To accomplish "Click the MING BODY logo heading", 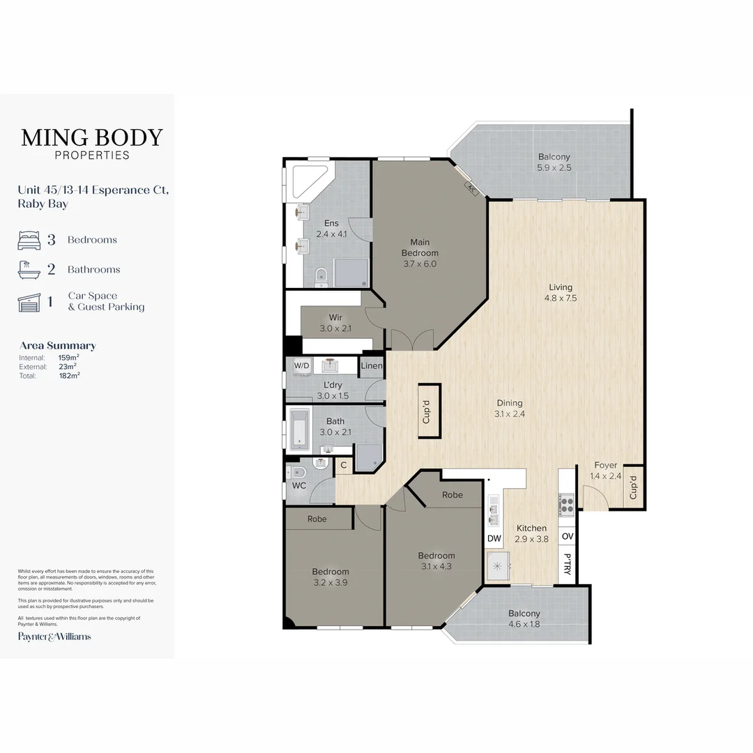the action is (92, 138).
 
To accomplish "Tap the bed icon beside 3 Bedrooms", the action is (29, 240).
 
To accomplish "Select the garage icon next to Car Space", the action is (29, 303).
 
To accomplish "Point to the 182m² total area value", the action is (69, 376).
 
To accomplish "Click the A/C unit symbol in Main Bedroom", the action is (471, 190).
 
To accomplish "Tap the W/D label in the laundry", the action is (302, 365).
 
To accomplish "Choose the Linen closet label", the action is (372, 365).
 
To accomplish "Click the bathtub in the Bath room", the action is (299, 429).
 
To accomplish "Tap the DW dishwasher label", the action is (494, 538).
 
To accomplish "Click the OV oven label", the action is (567, 536).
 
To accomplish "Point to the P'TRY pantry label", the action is (567, 564).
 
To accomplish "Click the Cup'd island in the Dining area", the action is (429, 411).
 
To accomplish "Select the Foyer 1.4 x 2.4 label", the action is (606, 471).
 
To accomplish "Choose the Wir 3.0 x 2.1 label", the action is (335, 323).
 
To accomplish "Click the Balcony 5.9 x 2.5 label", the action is (554, 162).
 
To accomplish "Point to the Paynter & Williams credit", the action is (54, 637).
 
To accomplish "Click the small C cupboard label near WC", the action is (343, 465).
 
